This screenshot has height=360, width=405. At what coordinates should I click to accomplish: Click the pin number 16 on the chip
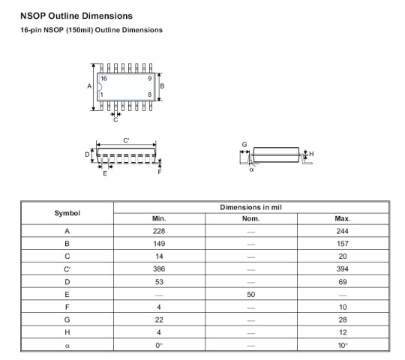tap(103, 79)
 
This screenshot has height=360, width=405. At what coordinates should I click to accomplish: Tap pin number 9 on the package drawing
tap(150, 79)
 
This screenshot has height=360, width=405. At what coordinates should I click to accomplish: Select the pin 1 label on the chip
tap(102, 94)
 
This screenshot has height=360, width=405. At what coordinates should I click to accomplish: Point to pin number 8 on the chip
tap(150, 94)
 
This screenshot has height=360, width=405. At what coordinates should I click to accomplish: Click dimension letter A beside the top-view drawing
tap(89, 86)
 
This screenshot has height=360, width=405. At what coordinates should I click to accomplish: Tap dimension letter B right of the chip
tap(162, 86)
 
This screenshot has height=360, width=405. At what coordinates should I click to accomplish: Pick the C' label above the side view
tap(126, 140)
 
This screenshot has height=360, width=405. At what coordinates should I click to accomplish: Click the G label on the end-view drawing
tap(244, 144)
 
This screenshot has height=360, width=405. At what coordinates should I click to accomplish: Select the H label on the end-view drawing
tap(311, 154)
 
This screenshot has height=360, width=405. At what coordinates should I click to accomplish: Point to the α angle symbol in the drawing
tap(251, 169)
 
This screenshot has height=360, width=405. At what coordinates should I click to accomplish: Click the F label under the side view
tap(160, 172)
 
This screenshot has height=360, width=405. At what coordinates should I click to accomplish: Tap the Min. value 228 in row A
tap(159, 231)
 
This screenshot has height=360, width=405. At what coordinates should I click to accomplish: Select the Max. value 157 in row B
tap(343, 244)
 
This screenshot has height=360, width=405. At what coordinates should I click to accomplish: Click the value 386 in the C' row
tap(159, 268)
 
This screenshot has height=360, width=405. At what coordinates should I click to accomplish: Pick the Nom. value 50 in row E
tap(250, 295)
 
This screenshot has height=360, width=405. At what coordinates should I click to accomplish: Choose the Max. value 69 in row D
tap(343, 282)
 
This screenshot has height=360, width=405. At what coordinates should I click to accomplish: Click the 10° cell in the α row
tap(343, 345)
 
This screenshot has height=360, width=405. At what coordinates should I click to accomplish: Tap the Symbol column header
tap(67, 213)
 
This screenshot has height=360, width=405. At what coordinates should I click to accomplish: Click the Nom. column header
tap(250, 219)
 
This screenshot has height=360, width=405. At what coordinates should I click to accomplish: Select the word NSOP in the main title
tap(33, 16)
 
